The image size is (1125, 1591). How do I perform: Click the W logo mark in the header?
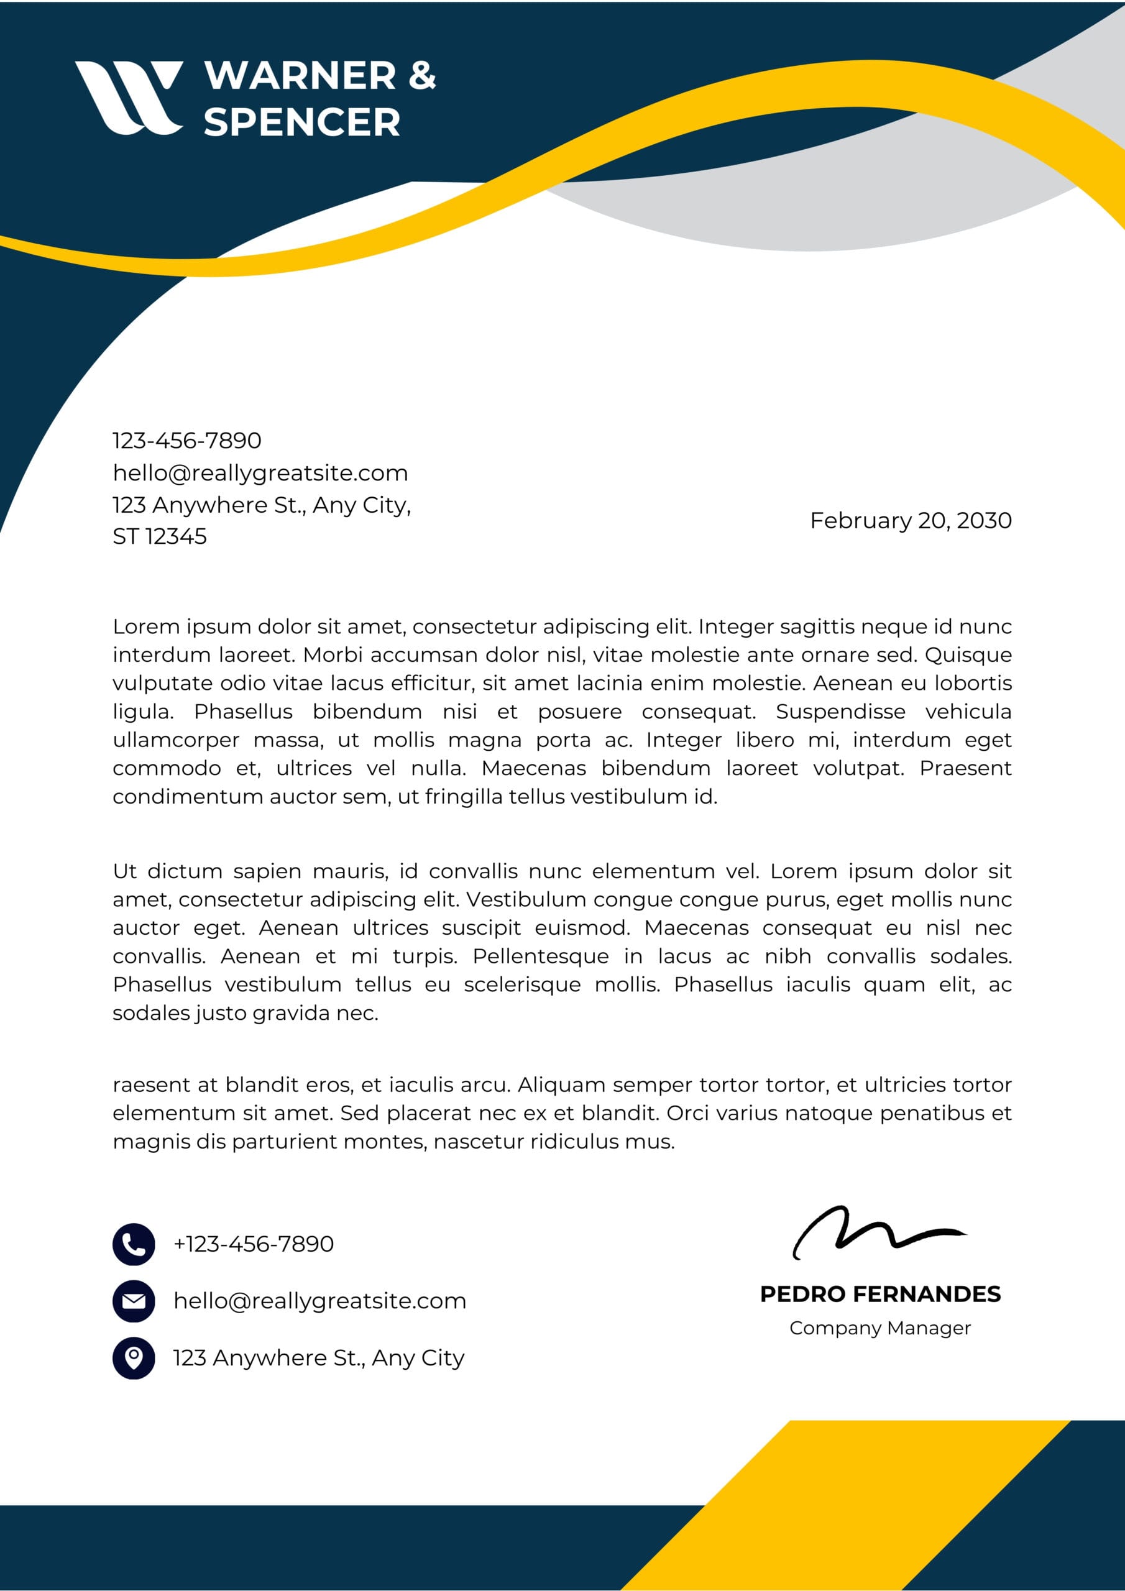128,97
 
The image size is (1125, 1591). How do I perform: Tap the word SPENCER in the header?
301,122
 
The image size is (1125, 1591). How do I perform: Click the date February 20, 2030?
910,520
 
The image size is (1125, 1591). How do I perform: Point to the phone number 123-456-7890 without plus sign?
186,440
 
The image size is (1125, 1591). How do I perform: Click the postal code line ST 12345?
160,536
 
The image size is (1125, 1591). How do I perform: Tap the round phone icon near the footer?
134,1244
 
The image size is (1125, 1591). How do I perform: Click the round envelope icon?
134,1301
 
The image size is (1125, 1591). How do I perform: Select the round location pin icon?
134,1357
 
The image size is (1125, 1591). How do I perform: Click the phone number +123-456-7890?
253,1244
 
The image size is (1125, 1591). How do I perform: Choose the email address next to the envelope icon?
319,1301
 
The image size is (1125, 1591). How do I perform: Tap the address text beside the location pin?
318,1357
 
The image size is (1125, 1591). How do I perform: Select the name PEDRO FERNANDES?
879,1294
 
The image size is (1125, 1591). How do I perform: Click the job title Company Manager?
879,1327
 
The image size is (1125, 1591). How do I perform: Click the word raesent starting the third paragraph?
156,1084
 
